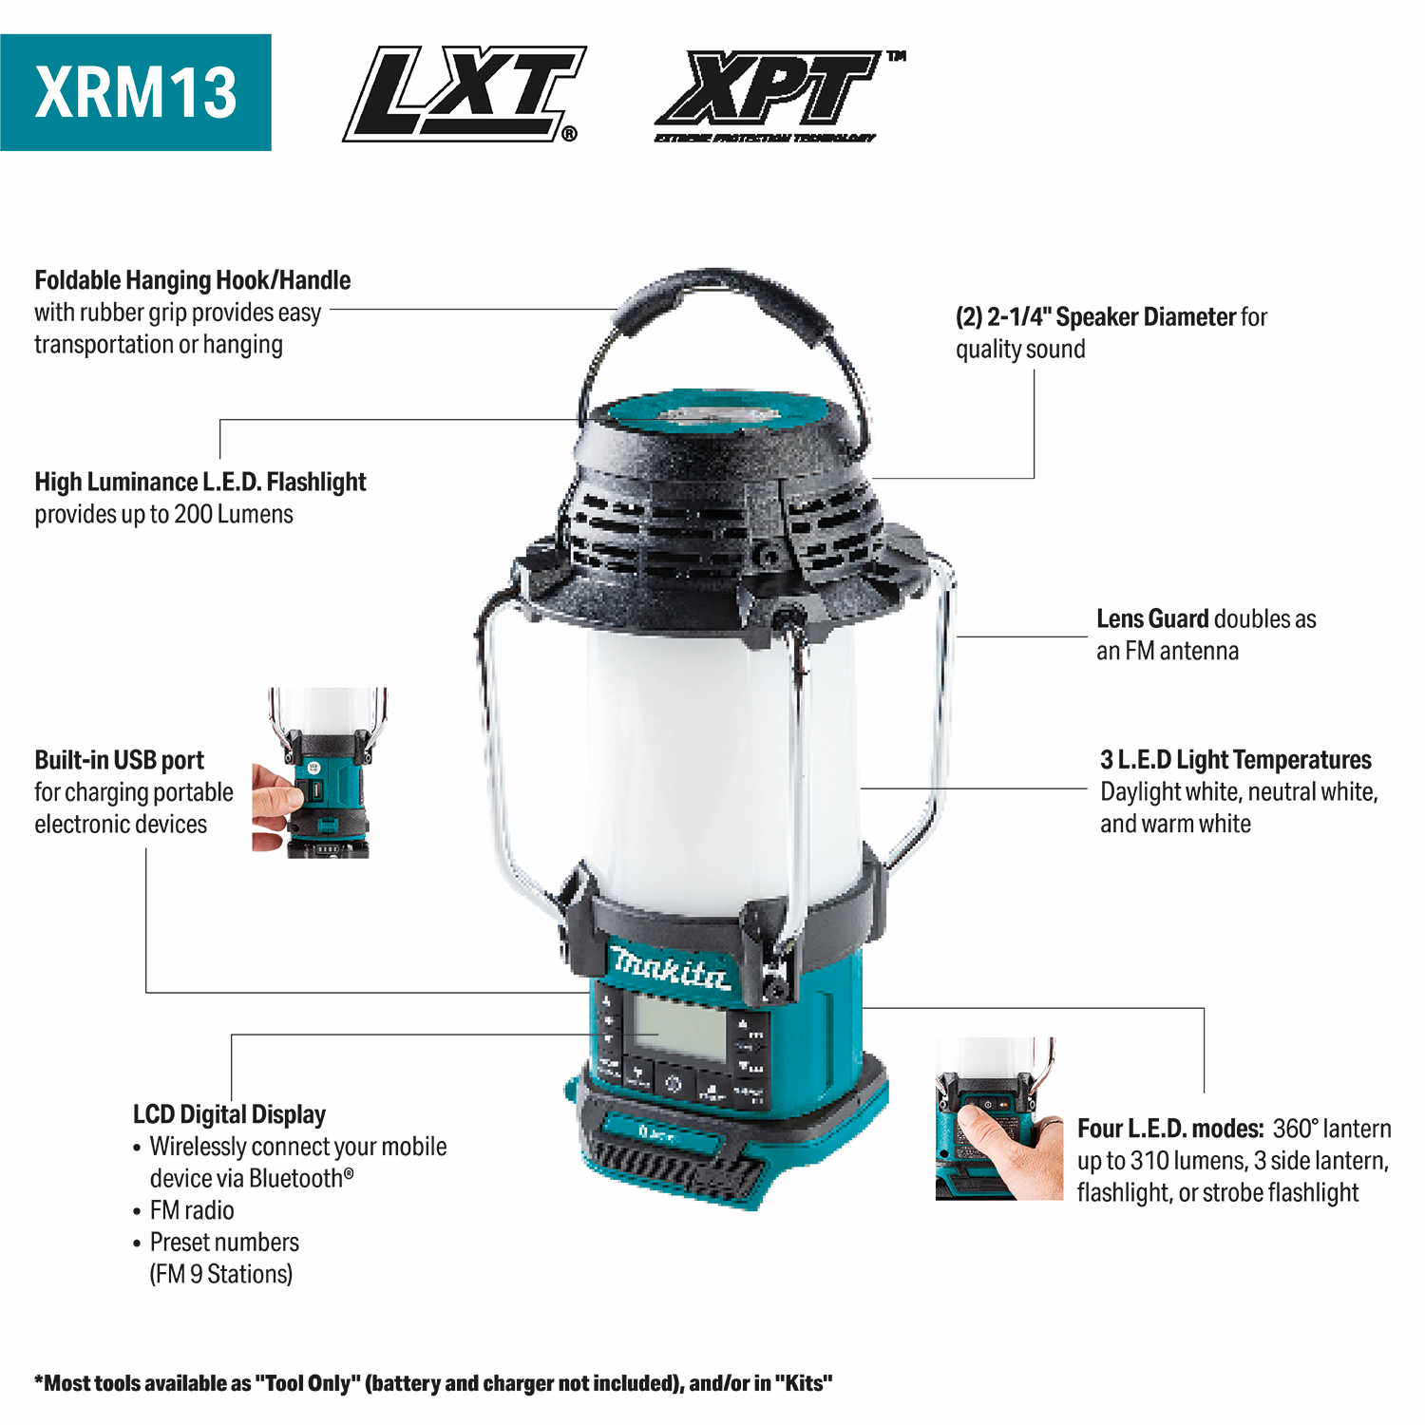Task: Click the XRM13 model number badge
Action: click(136, 92)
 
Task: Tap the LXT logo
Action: click(463, 93)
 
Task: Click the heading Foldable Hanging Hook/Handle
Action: click(192, 280)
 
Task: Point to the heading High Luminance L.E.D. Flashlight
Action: click(199, 482)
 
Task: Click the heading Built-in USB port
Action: click(119, 760)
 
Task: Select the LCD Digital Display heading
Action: click(229, 1113)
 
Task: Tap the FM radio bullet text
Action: click(191, 1209)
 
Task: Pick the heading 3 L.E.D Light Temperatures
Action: click(1235, 760)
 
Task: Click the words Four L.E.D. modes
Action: click(1169, 1129)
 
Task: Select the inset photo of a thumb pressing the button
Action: click(997, 1118)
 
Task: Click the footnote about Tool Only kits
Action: click(433, 1383)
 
